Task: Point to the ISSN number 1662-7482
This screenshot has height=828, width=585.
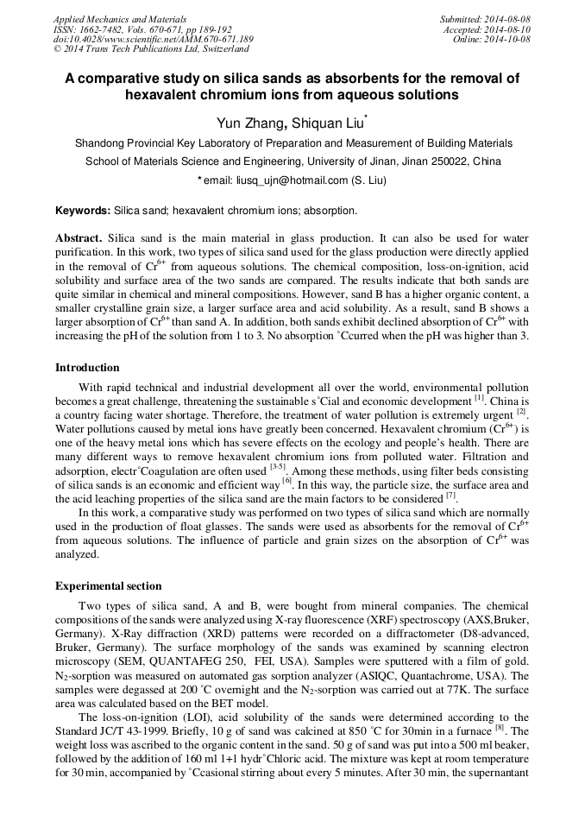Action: tap(103, 29)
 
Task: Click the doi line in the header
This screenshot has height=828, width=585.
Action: tap(153, 40)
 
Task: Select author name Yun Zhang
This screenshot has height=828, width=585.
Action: tap(246, 123)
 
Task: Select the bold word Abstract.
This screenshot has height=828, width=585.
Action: tap(79, 237)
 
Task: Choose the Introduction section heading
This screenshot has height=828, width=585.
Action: tap(88, 368)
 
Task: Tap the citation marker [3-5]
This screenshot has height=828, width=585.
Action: tap(277, 466)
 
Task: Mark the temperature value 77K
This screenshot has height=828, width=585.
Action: tap(393, 692)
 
